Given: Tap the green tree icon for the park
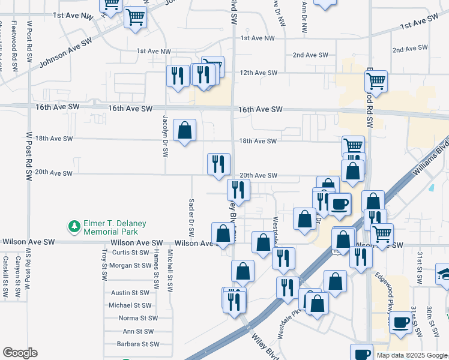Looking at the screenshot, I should tap(74, 227).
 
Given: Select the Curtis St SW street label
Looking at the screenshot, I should tap(130, 253).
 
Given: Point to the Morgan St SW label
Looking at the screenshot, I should tap(129, 265).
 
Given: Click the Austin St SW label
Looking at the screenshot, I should tap(130, 293).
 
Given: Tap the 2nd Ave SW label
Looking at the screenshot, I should tap(310, 55).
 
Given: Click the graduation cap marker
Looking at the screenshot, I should tap(444, 273).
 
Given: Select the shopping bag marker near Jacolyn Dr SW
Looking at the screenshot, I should tap(185, 130).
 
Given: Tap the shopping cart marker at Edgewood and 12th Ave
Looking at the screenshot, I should tap(376, 80).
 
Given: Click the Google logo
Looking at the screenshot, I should tap(20, 353).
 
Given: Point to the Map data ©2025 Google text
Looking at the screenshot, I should tap(411, 355).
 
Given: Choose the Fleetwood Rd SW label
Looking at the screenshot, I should tap(14, 54).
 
